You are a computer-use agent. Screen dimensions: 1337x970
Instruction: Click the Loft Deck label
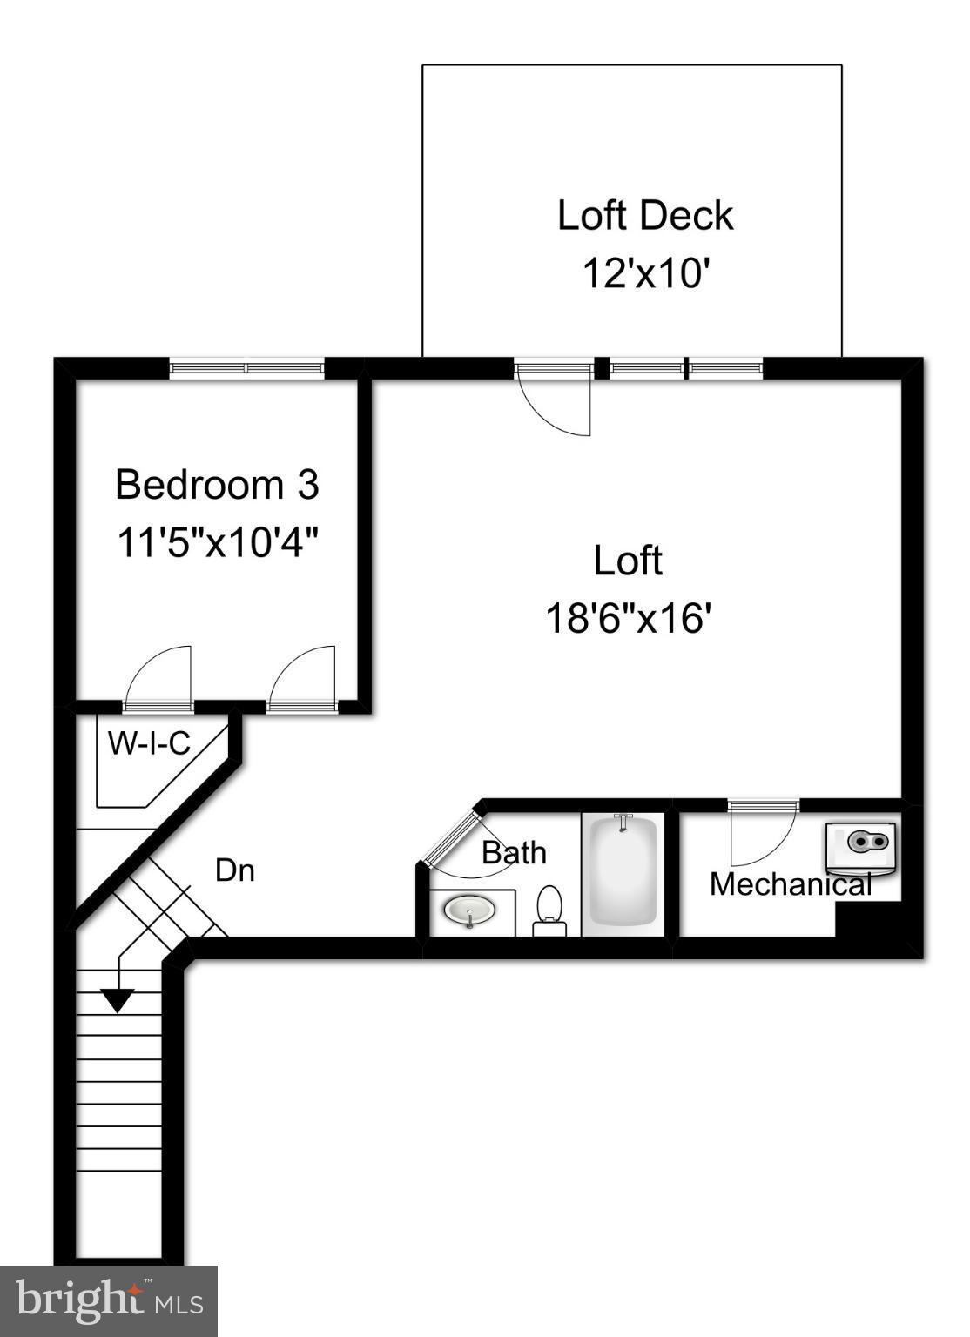[x=644, y=215]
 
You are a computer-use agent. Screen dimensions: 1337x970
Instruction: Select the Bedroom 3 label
[x=217, y=485]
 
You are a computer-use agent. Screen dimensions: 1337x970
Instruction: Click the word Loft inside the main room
[x=628, y=561]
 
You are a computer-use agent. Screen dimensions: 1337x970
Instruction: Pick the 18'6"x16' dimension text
[x=628, y=619]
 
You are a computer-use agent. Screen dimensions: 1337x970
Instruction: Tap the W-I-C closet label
[x=149, y=743]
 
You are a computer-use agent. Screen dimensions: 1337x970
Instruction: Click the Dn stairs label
[x=234, y=870]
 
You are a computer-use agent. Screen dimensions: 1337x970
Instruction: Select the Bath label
[x=514, y=853]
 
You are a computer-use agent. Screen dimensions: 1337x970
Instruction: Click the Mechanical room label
[x=790, y=884]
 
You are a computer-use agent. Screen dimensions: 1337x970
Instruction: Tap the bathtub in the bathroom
[x=623, y=872]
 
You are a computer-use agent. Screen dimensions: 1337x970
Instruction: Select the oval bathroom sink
[x=469, y=910]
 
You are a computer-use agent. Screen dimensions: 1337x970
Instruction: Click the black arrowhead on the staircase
[x=117, y=1000]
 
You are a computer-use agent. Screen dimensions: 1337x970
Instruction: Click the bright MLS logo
[x=108, y=1301]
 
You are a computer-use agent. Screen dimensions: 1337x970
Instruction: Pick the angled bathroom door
[x=451, y=839]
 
